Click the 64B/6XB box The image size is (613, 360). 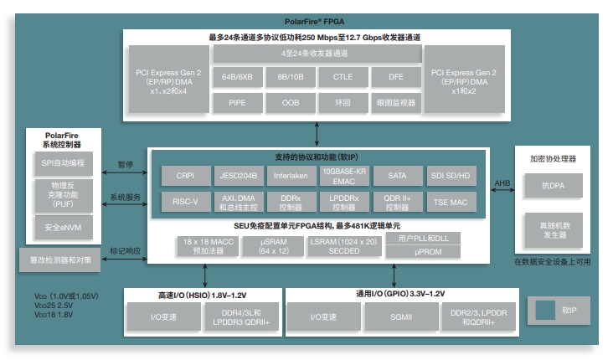[x=236, y=77]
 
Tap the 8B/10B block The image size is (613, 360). [x=289, y=77]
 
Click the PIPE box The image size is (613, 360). [x=236, y=104]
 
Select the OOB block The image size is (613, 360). [x=289, y=104]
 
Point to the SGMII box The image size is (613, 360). [x=395, y=317]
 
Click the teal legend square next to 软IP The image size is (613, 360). [x=545, y=310]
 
